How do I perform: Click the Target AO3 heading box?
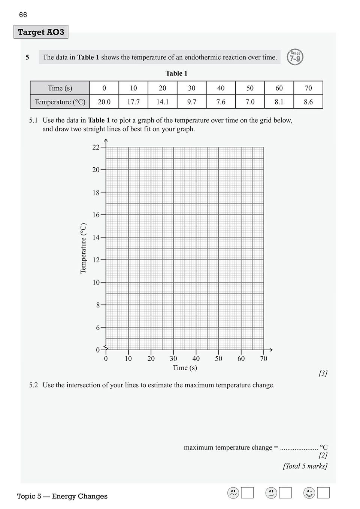pyautogui.click(x=41, y=32)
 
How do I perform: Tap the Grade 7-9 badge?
pyautogui.click(x=295, y=57)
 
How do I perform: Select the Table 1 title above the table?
pyautogui.click(x=176, y=73)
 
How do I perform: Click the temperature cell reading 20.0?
pyautogui.click(x=104, y=102)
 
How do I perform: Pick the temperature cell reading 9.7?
pyautogui.click(x=191, y=102)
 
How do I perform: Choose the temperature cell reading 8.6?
pyautogui.click(x=308, y=102)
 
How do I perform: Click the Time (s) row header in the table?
pyautogui.click(x=60, y=88)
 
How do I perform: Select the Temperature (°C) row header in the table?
pyautogui.click(x=60, y=102)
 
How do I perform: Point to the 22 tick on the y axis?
pyautogui.click(x=96, y=147)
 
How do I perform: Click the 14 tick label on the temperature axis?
pyautogui.click(x=96, y=237)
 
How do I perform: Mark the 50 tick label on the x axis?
pyautogui.click(x=218, y=359)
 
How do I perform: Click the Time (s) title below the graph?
pyautogui.click(x=185, y=368)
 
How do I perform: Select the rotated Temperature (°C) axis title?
pyautogui.click(x=84, y=248)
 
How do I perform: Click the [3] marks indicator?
pyautogui.click(x=323, y=373)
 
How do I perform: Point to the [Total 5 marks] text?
pyautogui.click(x=305, y=466)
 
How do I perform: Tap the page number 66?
pyautogui.click(x=23, y=15)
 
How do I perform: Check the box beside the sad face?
pyautogui.click(x=247, y=493)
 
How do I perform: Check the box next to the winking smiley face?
pyautogui.click(x=323, y=493)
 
